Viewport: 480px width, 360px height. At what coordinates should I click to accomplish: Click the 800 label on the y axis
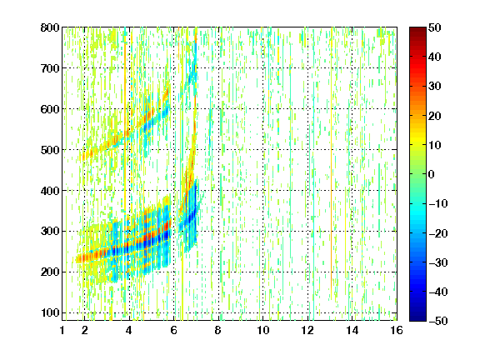click(50, 27)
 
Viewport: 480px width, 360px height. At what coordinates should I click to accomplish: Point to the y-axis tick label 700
click(50, 68)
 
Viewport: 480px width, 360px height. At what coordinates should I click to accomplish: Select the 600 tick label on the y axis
click(50, 109)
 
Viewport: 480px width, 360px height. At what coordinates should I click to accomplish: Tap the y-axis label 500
click(50, 150)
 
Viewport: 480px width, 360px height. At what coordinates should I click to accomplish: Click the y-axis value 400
click(50, 191)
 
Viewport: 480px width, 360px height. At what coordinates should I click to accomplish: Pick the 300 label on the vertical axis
click(50, 232)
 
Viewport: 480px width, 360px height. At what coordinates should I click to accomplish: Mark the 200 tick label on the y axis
click(50, 272)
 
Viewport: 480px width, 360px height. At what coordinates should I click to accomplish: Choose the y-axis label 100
click(50, 313)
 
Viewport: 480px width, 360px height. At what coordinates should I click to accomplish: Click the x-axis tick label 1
click(62, 330)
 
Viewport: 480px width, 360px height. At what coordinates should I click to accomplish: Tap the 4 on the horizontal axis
click(129, 330)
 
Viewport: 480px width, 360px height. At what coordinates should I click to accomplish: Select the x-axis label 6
click(174, 330)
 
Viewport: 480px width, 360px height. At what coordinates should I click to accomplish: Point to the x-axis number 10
click(263, 330)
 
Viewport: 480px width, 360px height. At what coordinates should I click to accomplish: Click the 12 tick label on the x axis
click(307, 330)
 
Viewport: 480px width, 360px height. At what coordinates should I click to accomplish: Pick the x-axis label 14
click(352, 330)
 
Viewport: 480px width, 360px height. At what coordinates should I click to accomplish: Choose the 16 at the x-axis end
click(397, 330)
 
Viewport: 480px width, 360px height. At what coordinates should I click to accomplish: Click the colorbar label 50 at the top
click(435, 27)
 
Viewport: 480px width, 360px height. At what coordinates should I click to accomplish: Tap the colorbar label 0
click(432, 174)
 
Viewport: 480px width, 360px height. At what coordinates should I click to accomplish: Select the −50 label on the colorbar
click(438, 321)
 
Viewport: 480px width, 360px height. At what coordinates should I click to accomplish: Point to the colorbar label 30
click(435, 87)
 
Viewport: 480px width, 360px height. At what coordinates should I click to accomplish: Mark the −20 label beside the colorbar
click(438, 233)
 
